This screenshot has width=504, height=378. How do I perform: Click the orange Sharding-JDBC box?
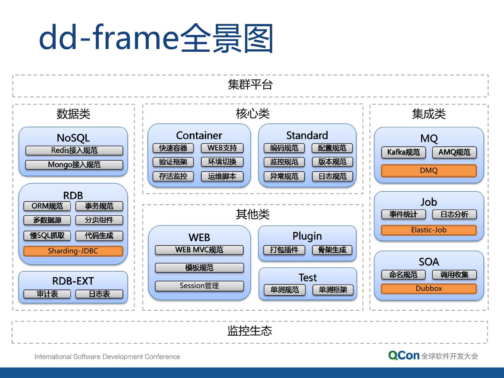73,251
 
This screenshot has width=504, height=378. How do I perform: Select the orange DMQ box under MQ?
429,170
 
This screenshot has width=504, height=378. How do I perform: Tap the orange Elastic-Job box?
429,230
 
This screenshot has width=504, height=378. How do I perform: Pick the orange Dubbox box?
429,288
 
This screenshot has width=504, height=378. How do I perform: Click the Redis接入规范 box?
74,150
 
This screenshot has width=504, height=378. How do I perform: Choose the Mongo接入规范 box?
74,164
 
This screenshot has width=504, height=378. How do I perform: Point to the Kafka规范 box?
403,152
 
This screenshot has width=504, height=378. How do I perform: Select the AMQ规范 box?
454,152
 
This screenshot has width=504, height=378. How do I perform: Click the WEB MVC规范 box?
199,250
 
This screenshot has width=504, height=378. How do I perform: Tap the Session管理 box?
199,286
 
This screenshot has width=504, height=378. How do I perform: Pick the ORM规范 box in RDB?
47,206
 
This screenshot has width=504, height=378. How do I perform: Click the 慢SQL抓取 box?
47,236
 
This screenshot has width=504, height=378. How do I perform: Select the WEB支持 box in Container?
222,148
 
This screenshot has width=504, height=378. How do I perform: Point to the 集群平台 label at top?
250,85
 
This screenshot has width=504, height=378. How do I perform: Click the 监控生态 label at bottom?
250,331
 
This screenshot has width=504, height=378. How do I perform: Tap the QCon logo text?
404,356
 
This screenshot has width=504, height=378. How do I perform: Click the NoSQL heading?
73,138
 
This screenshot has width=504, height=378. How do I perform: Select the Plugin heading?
307,236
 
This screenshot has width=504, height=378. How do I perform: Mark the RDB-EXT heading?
73,281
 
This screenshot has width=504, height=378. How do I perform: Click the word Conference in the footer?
162,357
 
